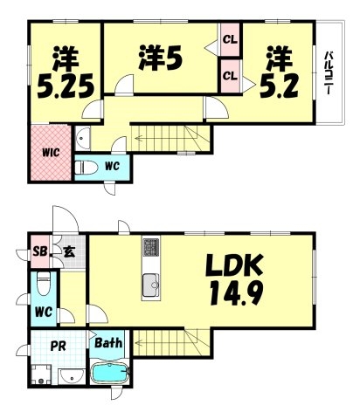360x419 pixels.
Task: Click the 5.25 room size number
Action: click(64, 86)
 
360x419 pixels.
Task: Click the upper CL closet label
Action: click(230, 38)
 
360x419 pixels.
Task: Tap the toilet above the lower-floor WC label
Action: click(45, 284)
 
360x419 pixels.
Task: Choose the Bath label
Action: click(109, 343)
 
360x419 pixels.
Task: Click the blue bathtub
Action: click(110, 375)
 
